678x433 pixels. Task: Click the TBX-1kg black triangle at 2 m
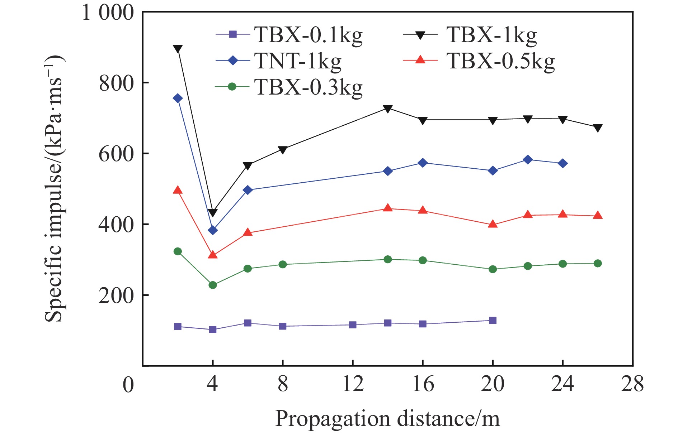point(178,48)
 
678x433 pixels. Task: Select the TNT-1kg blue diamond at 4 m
point(213,230)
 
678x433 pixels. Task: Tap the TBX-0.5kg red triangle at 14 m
point(388,208)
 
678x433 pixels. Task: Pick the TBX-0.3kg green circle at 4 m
point(213,285)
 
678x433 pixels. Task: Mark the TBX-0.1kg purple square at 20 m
point(493,320)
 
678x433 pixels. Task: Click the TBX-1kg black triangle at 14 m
point(388,109)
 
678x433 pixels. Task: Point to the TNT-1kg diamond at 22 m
point(528,159)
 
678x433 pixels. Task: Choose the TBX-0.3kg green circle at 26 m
point(598,263)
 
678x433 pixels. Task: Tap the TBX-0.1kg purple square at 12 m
point(353,325)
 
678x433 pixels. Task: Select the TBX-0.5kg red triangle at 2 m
point(178,190)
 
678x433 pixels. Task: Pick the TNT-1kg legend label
point(298,61)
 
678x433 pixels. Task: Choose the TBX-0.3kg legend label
point(309,87)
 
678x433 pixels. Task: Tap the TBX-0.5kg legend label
point(500,61)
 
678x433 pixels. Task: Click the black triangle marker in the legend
point(420,35)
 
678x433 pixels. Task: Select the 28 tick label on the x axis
point(632,384)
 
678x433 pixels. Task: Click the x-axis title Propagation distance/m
point(387,418)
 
